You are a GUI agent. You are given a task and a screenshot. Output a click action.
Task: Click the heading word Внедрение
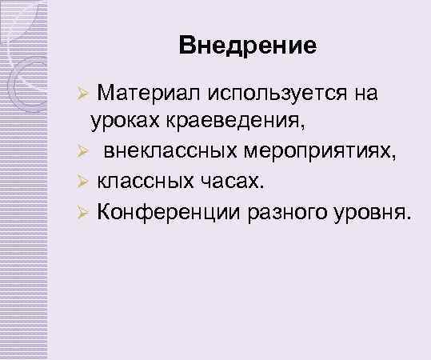pyautogui.click(x=248, y=45)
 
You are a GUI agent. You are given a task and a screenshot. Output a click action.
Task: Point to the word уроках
pyautogui.click(x=120, y=123)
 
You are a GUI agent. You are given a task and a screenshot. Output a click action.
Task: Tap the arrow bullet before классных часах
pyautogui.click(x=80, y=182)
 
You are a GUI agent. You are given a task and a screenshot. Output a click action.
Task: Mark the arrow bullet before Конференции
pyautogui.click(x=80, y=212)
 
